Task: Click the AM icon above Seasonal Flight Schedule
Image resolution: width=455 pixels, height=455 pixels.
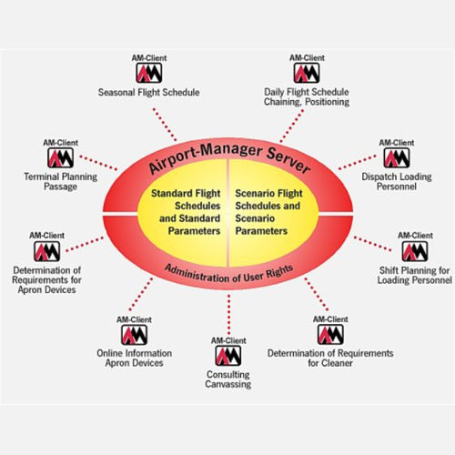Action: pos(149,73)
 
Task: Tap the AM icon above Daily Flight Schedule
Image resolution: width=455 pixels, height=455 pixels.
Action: pos(307,73)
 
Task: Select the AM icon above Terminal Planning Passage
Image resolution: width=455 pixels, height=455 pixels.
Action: pos(60,157)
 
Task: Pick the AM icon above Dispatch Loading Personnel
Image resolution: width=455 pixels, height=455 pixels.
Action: pos(397,157)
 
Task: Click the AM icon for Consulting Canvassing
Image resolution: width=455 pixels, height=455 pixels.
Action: pos(228,356)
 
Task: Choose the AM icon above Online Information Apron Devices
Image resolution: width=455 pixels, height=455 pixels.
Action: pos(134,335)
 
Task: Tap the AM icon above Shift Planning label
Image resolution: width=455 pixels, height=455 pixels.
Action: pos(415,251)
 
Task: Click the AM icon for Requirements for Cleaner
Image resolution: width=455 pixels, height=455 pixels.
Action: pos(330,334)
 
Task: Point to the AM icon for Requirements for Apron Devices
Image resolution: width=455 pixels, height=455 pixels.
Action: pos(46,251)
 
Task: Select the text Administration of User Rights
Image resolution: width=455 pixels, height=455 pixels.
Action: pos(228,274)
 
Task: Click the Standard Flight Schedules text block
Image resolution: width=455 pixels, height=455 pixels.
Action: pos(186,212)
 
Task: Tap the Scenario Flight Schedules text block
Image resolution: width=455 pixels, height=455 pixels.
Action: pos(268,212)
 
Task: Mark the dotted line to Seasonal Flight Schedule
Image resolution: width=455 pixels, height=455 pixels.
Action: pos(165,124)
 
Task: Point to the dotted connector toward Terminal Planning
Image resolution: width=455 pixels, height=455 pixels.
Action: pos(98,163)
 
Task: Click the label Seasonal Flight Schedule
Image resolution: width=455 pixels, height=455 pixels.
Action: pos(148,92)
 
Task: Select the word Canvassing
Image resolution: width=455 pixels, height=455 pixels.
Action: pos(228,384)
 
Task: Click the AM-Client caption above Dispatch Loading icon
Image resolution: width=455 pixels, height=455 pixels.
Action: pos(397,143)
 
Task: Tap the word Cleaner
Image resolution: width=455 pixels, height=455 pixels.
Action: pos(338,363)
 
